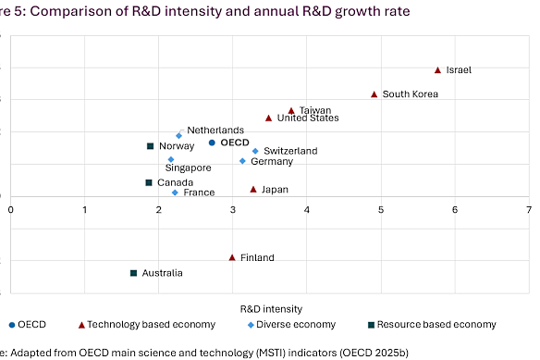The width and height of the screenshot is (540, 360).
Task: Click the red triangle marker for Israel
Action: click(438, 70)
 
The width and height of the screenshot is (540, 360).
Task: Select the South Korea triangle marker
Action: click(374, 94)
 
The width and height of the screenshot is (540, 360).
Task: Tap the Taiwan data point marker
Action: click(291, 110)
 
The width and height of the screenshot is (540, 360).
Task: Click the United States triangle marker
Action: click(269, 118)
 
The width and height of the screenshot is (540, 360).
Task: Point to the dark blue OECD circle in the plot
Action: click(212, 143)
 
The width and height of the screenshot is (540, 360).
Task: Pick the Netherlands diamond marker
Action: click(179, 135)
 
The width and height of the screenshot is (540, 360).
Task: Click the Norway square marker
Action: click(150, 146)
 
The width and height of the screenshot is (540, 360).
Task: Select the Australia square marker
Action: click(134, 273)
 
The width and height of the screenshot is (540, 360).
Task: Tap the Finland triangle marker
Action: click(232, 257)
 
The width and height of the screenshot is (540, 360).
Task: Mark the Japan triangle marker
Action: click(253, 189)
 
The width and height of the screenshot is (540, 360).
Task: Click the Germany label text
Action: click(272, 162)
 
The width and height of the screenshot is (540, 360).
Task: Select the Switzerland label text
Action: click(290, 151)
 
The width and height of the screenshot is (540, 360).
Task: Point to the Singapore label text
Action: click(189, 168)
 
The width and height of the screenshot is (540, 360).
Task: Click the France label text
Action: click(199, 192)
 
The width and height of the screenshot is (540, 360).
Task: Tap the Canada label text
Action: click(175, 183)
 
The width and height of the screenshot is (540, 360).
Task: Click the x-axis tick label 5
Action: click(381, 211)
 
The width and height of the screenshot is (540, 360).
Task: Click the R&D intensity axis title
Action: click(271, 307)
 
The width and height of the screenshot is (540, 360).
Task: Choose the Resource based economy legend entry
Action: click(432, 325)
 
